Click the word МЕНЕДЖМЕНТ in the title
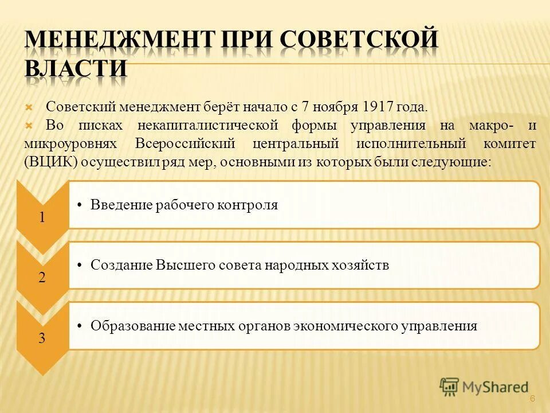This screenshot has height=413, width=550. (117, 41)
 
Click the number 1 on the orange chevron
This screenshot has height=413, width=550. (42, 217)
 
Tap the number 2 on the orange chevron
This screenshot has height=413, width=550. (42, 278)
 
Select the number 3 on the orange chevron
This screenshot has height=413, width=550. (42, 338)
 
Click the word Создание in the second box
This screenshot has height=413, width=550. (119, 266)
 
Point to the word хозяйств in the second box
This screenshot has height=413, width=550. (362, 266)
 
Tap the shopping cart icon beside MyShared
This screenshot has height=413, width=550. (450, 387)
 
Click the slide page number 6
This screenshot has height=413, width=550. (532, 399)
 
